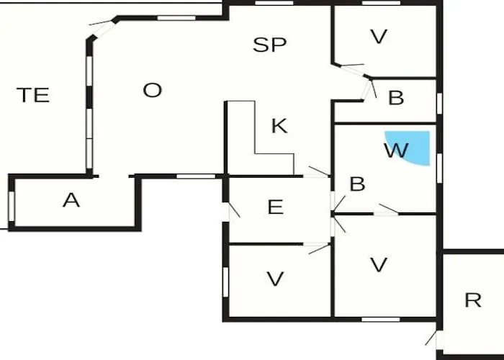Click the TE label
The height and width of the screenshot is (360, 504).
tap(33, 95)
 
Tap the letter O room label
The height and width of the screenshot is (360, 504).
tap(153, 91)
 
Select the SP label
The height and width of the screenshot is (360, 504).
tap(270, 45)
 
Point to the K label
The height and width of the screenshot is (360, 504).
tap(279, 127)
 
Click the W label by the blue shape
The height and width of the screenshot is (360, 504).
tap(396, 151)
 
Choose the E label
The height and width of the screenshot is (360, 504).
tap(275, 207)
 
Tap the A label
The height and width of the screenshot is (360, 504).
tap(71, 200)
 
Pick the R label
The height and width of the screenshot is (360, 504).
tap(472, 300)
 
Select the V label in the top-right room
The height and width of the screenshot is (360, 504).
tap(379, 37)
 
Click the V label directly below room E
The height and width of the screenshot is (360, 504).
tap(275, 279)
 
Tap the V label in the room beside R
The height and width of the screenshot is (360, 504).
tap(379, 265)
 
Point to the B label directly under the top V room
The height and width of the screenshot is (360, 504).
tap(396, 99)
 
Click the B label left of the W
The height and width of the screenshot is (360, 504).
tap(357, 184)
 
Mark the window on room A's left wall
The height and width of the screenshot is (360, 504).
tap(12, 205)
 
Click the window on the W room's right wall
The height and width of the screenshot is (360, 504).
tap(438, 167)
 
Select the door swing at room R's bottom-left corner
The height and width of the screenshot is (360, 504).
tap(432, 338)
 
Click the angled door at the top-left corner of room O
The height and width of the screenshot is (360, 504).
tap(102, 29)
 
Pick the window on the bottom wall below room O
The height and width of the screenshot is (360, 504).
tap(196, 176)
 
